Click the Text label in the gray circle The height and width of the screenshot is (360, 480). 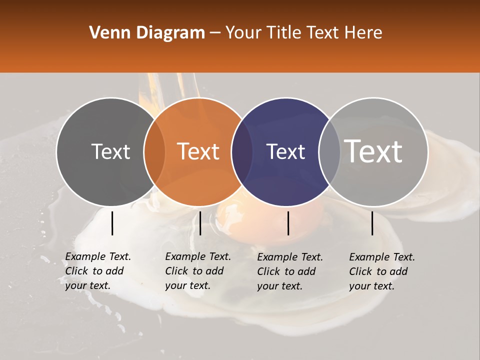[x=110, y=151]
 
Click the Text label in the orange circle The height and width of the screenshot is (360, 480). [x=198, y=151]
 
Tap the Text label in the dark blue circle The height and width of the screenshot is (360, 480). [x=286, y=151]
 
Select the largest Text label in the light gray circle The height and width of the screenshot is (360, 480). [x=373, y=151]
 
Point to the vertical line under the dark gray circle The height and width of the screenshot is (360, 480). [x=112, y=223]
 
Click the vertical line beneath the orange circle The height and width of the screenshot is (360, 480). [x=200, y=223]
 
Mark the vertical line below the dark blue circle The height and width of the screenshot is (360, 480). [x=288, y=223]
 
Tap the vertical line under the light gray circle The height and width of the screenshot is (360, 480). [x=372, y=223]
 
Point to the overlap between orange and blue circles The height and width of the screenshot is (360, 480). [x=242, y=151]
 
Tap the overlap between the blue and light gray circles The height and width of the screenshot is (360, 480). [x=329, y=151]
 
